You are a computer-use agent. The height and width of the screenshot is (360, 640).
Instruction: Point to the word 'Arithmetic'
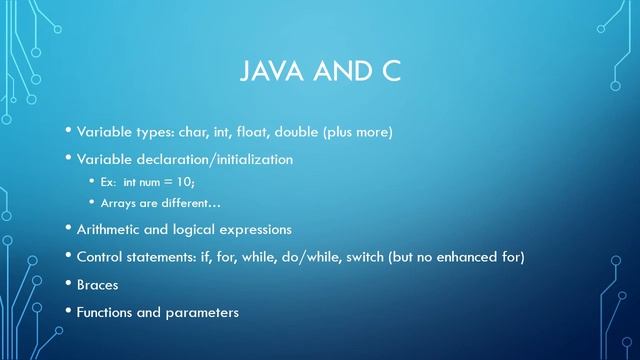pos(114,229)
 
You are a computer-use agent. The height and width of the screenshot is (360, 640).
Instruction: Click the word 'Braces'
pos(97,285)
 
